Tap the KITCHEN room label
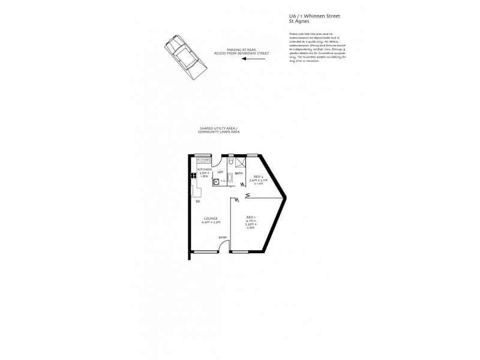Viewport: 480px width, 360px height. [205, 170]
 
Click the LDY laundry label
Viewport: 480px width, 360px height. [221, 174]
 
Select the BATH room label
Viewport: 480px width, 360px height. [239, 174]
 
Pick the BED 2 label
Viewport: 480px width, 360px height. [258, 176]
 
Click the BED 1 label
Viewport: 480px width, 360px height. [251, 217]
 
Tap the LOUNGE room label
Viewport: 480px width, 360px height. [211, 218]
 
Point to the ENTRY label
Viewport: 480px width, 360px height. [223, 238]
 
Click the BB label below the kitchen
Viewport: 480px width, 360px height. [197, 201]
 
